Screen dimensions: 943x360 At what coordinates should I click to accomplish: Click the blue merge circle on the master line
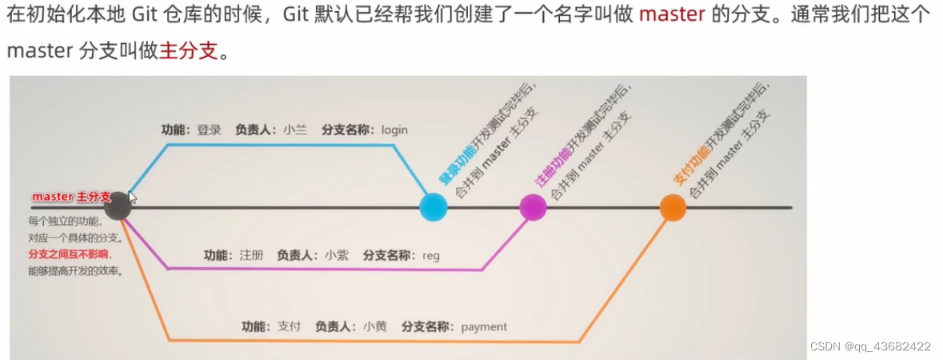(434, 206)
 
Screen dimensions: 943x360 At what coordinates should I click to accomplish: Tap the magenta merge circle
(533, 207)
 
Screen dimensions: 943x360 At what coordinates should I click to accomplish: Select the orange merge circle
(673, 207)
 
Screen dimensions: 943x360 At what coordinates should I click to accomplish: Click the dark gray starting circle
(118, 206)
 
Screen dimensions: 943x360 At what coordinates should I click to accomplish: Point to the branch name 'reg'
(431, 255)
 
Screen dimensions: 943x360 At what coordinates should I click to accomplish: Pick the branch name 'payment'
(484, 326)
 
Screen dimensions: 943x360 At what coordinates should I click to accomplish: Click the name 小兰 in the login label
(295, 129)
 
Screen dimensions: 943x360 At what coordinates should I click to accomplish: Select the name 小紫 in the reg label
(337, 255)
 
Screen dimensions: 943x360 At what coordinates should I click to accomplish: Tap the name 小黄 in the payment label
(375, 326)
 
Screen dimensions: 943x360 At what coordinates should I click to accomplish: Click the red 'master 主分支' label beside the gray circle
(71, 196)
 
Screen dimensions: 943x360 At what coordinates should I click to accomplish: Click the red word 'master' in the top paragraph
(672, 16)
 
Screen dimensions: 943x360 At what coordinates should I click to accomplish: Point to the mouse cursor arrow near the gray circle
(132, 197)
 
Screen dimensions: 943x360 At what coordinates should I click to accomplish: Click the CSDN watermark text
(870, 346)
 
